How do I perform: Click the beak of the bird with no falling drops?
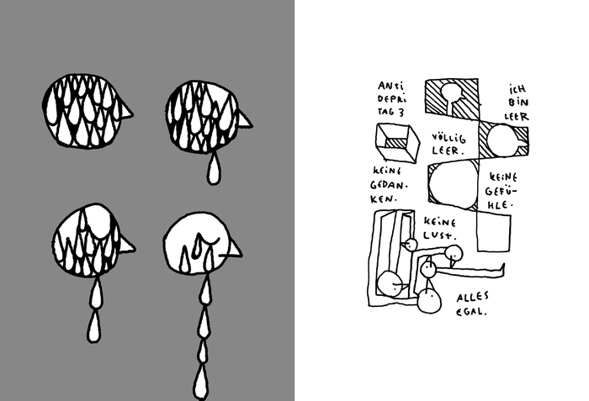coord(126,110)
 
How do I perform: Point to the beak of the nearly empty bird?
coord(235,250)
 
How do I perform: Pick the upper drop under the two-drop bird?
coord(96,294)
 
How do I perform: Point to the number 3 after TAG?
coord(401,112)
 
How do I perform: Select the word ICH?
coord(517,89)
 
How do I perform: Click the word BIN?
coord(518,102)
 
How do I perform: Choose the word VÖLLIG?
coord(448,137)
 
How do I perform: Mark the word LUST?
coord(440,235)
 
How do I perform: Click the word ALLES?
coord(473,298)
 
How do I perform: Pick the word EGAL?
coord(471,311)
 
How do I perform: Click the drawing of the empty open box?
coord(397,144)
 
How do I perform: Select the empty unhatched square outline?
coord(494,231)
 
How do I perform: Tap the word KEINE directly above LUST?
coord(440,222)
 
